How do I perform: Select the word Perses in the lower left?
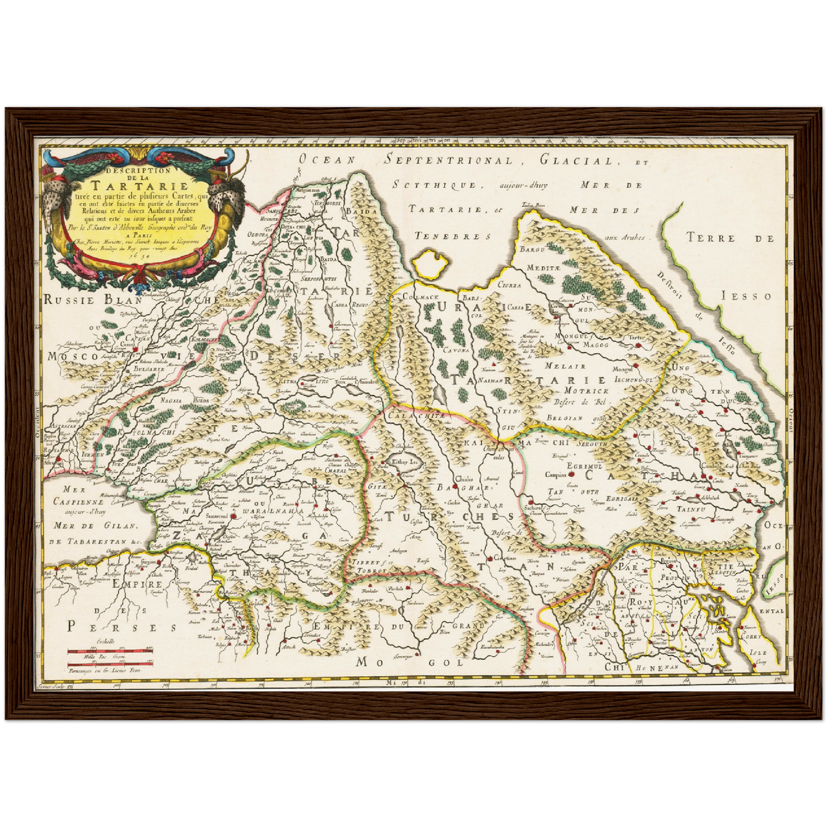[x=123, y=627]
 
